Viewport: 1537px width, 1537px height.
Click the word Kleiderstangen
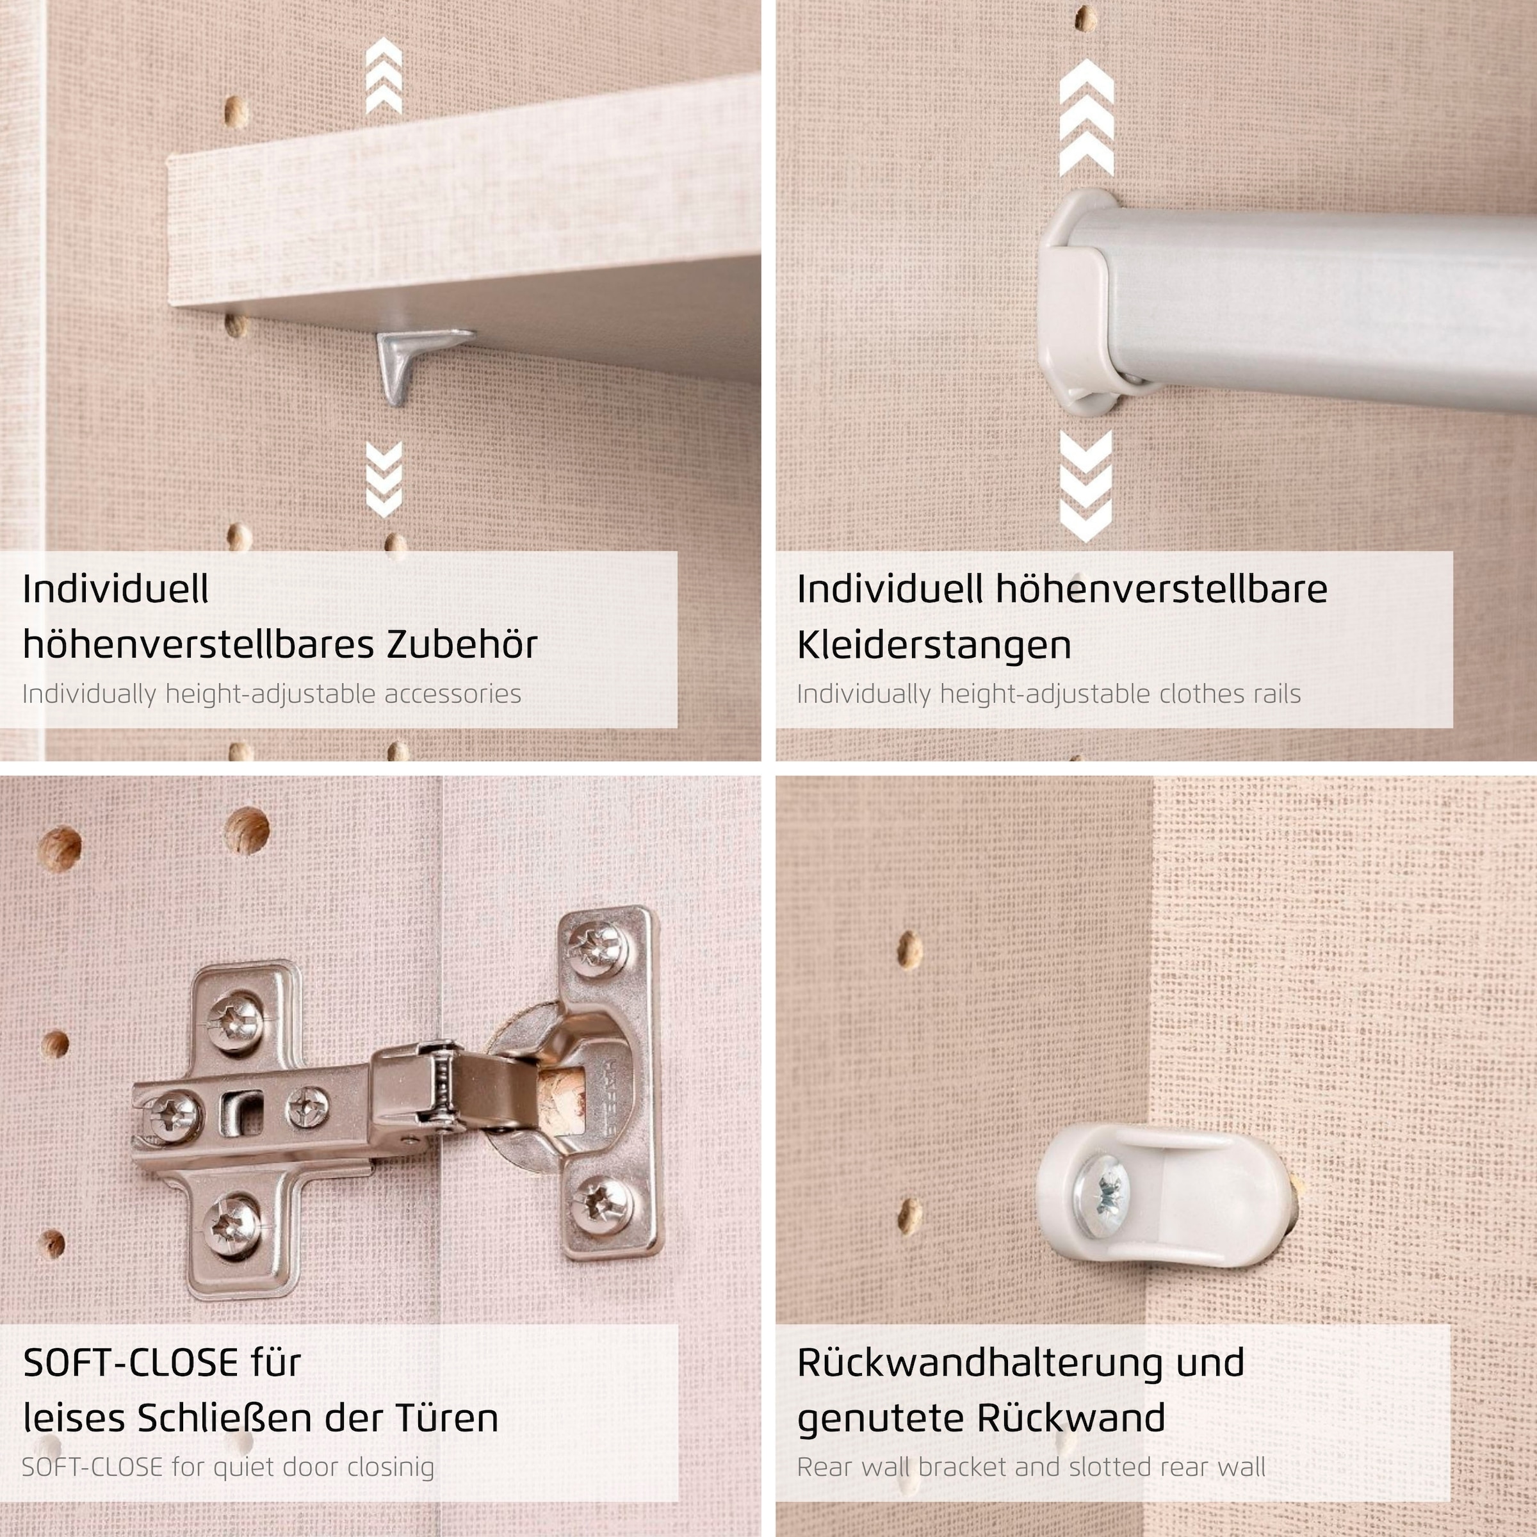(934, 644)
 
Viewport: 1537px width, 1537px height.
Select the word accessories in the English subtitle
(453, 694)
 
